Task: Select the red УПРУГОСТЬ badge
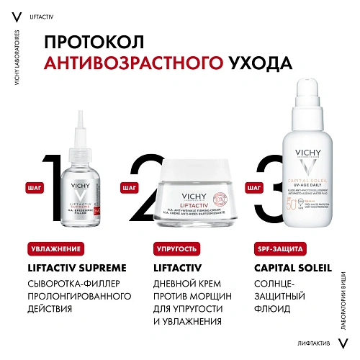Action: click(x=175, y=249)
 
